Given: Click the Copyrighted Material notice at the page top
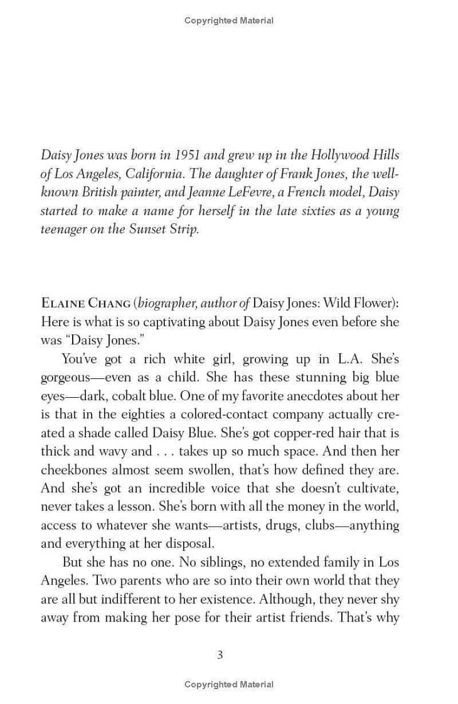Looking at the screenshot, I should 229,21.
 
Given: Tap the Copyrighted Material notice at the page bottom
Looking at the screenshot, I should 229,684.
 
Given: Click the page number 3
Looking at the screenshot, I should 220,655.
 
